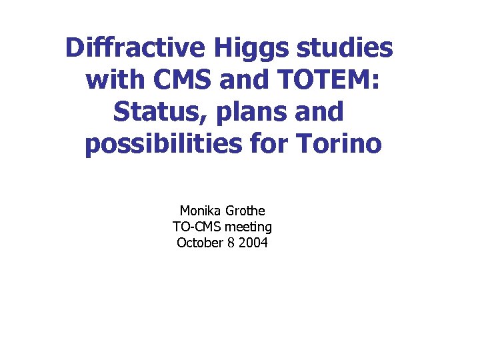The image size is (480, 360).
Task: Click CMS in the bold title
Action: click(x=183, y=81)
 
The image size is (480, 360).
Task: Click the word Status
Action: click(x=154, y=112)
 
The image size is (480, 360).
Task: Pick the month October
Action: click(x=200, y=243)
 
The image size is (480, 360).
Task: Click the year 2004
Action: click(x=253, y=243)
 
